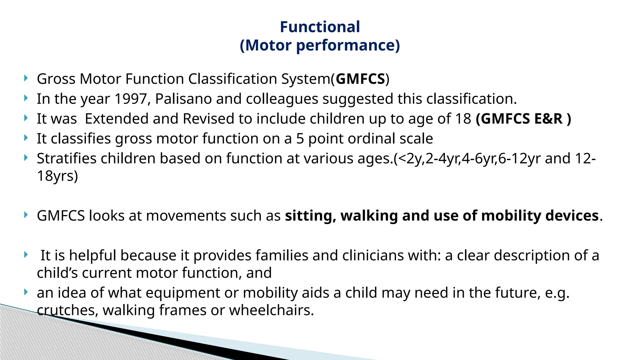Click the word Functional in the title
[x=320, y=27]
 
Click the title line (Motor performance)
[x=320, y=45]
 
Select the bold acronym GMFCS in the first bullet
[x=360, y=79]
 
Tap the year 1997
[x=131, y=99]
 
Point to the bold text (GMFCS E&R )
[x=523, y=119]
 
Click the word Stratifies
[x=66, y=158]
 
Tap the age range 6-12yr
[x=519, y=158]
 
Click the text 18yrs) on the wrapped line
[x=57, y=176]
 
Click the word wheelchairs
[x=271, y=310]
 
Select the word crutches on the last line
[x=67, y=310]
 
